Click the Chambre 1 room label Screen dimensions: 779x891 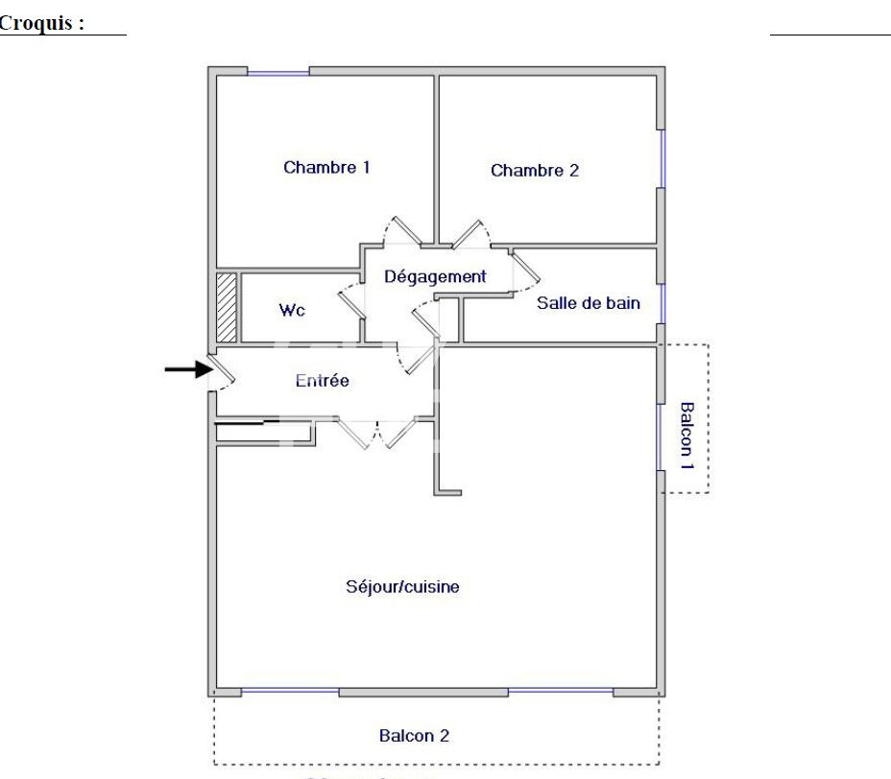point(326,167)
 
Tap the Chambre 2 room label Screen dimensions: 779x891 point(535,171)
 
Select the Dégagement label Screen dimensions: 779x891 point(435,276)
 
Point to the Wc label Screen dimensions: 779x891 point(292,311)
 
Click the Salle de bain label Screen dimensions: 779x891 point(588,303)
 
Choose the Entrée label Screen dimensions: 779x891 point(322,381)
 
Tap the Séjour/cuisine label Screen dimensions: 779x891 point(402,586)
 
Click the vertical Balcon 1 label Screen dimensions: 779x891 point(687,435)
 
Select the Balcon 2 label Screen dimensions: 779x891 point(414,736)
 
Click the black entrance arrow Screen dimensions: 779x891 point(187,368)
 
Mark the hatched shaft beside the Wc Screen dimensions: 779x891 point(227,308)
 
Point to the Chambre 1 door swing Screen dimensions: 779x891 point(401,229)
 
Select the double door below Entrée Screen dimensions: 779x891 point(376,434)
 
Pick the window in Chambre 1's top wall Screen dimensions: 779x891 point(278,71)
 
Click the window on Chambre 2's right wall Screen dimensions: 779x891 point(662,158)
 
